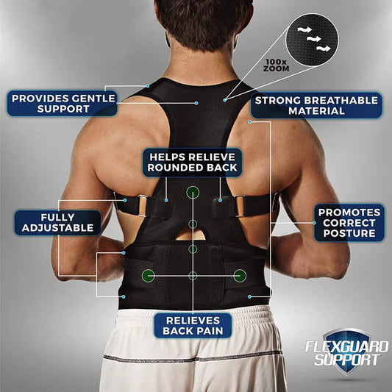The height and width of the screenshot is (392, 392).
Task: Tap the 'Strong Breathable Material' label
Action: coord(316,104)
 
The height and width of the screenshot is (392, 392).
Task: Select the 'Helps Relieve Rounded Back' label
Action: coord(193,162)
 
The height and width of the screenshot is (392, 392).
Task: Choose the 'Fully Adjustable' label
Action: coord(57,223)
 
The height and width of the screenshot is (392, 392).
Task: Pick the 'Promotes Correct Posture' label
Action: coord(350,223)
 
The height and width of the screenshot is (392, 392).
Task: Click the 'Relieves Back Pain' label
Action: coord(193,326)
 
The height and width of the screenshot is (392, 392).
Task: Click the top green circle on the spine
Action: coord(193,192)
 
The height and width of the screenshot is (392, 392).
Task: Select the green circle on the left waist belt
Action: coord(148,276)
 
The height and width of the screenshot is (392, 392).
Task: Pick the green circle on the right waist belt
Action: coord(239,276)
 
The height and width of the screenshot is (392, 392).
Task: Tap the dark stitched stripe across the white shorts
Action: coord(193,359)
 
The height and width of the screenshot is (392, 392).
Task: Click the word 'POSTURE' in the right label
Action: coord(350,234)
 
